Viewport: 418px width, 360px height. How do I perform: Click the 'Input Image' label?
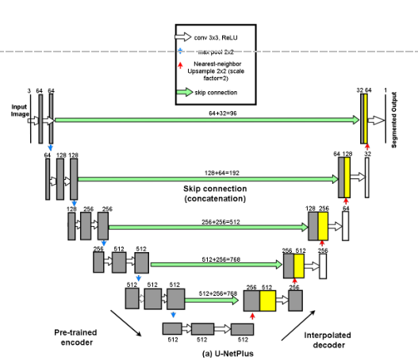tap(19, 109)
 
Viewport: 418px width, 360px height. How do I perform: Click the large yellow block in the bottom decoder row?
tap(267, 302)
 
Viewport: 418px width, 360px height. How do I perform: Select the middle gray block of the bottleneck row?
tap(203, 329)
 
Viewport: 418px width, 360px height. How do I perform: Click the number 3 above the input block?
tap(29, 91)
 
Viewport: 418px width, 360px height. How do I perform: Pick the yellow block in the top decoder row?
tap(365, 120)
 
